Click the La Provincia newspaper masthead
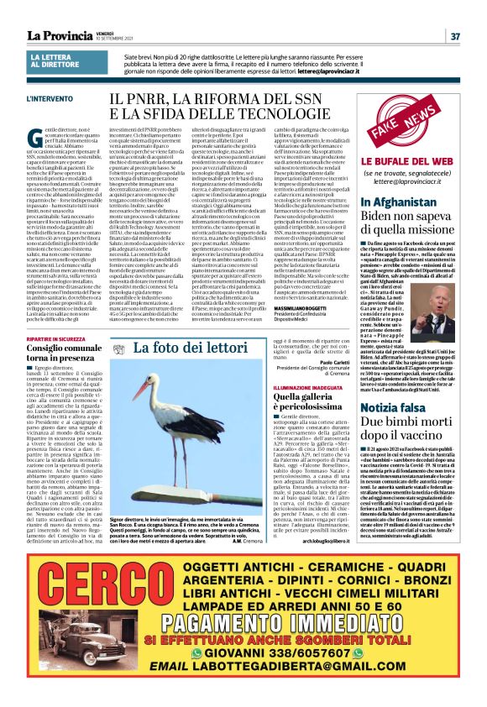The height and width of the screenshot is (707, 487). tap(60, 35)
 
